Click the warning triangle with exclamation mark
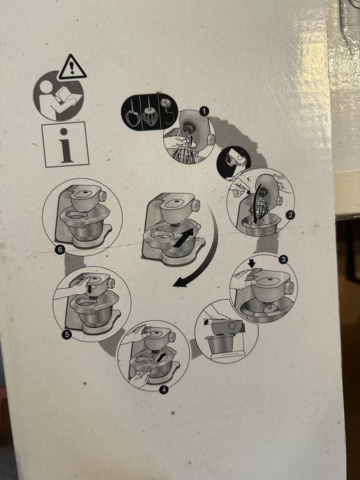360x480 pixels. pos(72,68)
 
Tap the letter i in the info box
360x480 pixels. pos(65,145)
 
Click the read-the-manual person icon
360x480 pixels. pos(58,96)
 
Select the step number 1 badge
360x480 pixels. pos(204,111)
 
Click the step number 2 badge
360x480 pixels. pos(290,215)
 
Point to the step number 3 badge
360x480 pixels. pos(283,260)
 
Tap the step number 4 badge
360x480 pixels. pos(164,389)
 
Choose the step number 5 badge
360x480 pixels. pos(67,335)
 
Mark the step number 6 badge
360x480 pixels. pos(60,250)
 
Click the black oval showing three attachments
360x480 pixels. pos(149,112)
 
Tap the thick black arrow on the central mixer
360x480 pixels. pos(183,237)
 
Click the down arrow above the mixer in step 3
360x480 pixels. pos(252,263)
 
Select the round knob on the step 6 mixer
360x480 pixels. pos(103,196)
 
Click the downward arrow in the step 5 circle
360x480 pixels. pos(90,289)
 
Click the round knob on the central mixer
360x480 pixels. pos(196,206)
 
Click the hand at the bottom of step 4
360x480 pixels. pos(139,377)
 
